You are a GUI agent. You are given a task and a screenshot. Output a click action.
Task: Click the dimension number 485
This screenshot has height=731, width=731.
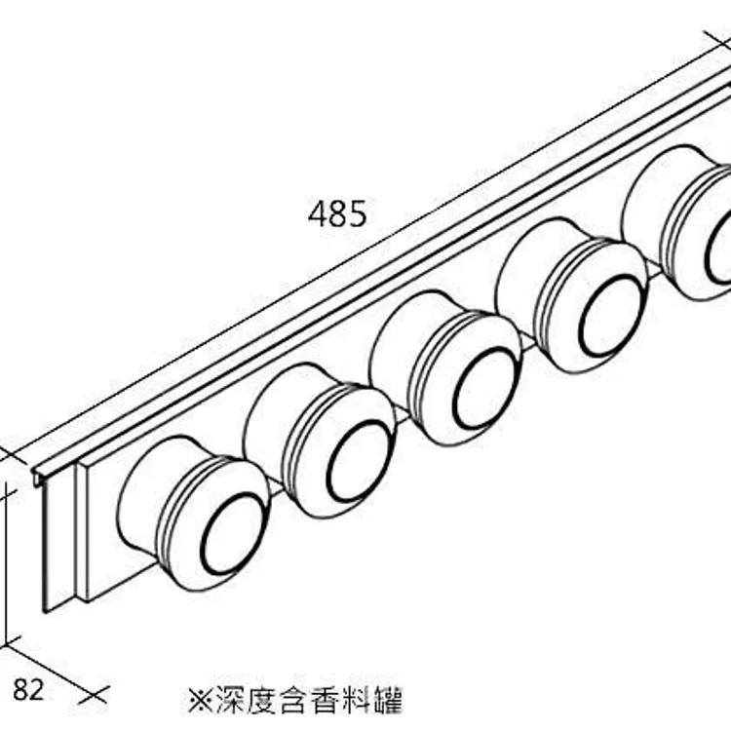click(x=337, y=212)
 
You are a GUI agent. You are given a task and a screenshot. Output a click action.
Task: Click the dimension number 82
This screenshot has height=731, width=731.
click(x=28, y=690)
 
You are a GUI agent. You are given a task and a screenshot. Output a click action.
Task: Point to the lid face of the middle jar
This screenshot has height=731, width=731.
click(x=484, y=387)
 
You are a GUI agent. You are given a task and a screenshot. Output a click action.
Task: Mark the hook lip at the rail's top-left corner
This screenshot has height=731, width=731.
click(x=39, y=477)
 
